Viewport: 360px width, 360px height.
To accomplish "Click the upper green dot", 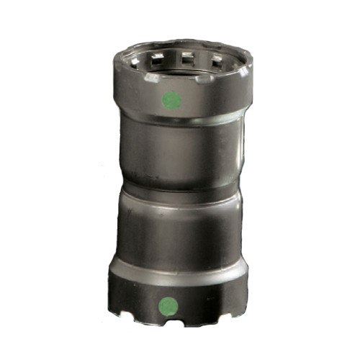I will [x=171, y=99].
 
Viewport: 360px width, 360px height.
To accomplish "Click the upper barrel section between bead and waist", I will [x=176, y=155].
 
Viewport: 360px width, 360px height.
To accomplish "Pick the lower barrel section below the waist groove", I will [x=176, y=230].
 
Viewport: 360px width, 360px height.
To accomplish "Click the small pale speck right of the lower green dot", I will [x=189, y=306].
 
